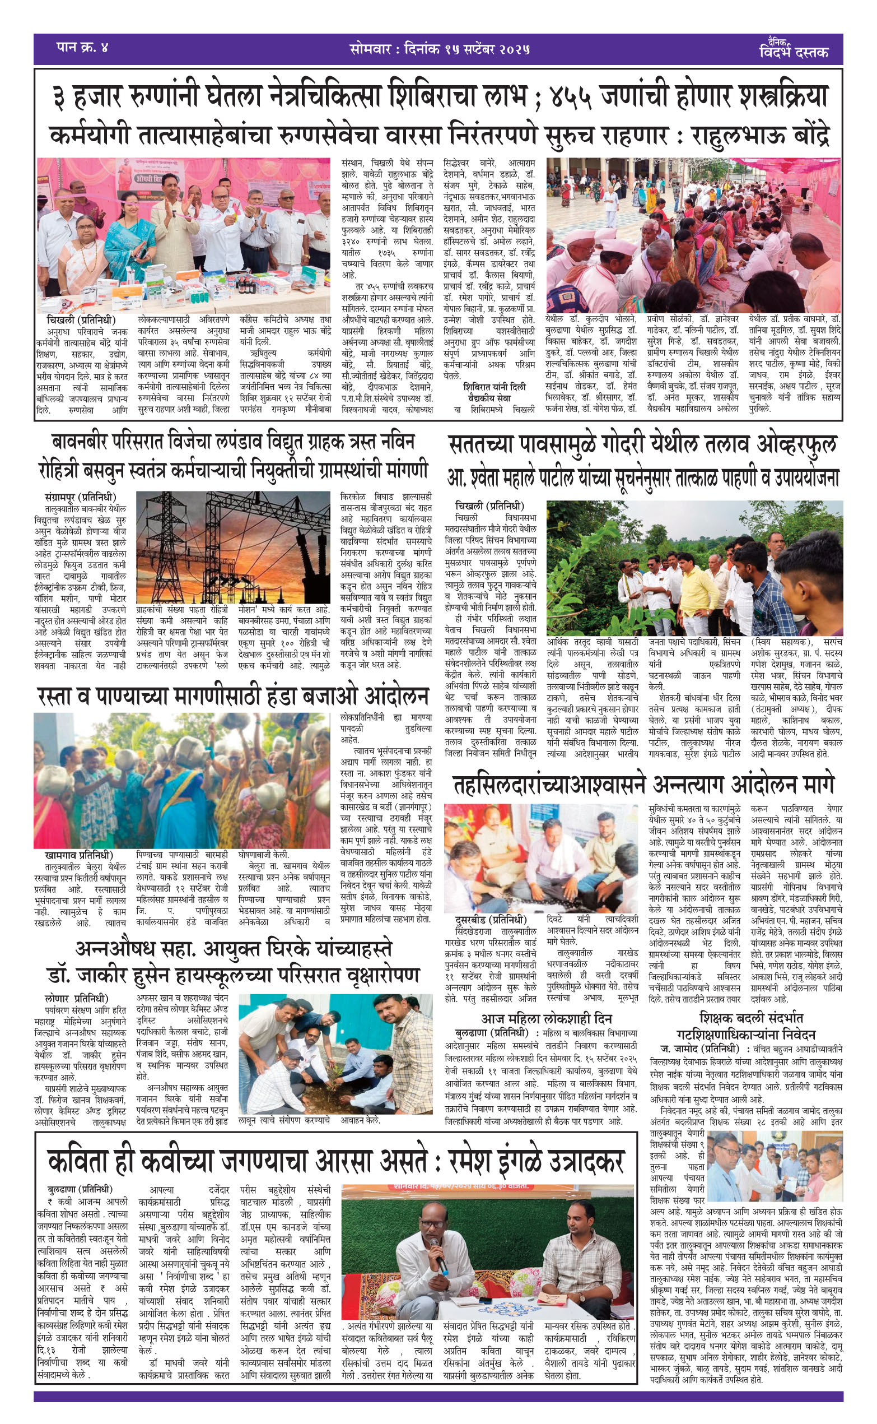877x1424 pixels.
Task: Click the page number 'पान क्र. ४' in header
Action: [82, 48]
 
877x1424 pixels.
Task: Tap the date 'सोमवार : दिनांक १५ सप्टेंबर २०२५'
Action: [440, 49]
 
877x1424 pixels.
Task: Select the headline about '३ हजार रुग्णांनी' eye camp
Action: [439, 97]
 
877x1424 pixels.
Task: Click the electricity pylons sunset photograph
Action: [232, 546]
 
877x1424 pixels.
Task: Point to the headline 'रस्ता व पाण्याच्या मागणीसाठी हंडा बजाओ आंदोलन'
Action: [232, 697]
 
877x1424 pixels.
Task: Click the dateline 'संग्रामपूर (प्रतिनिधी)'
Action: [80, 497]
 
